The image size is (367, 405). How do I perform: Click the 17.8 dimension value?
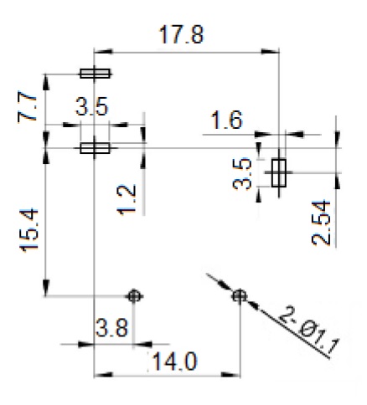[x=182, y=34]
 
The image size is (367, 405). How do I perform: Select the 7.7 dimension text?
[x=27, y=106]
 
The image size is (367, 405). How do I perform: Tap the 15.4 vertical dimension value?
[x=28, y=230]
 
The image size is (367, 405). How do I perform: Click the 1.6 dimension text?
[x=227, y=120]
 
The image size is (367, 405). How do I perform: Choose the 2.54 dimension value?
[x=321, y=223]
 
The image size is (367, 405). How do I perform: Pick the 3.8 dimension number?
[x=112, y=327]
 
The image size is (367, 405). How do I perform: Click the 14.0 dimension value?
[x=175, y=361]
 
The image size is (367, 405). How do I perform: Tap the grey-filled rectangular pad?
[x=95, y=74]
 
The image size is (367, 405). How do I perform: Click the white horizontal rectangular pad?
[x=95, y=148]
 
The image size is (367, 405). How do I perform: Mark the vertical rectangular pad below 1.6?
[x=279, y=172]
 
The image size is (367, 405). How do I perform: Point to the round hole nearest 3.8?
[x=134, y=296]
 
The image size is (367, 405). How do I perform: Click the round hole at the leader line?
[x=239, y=295]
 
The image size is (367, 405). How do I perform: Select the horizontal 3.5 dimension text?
[x=91, y=106]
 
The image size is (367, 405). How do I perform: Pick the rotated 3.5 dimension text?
[x=242, y=173]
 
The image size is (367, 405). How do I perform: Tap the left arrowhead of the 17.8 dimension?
[x=103, y=52]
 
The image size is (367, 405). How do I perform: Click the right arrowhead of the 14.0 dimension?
[x=230, y=375]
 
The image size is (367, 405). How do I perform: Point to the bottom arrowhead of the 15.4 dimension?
[x=46, y=287]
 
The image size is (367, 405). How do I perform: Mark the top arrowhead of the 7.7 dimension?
[x=46, y=83]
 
